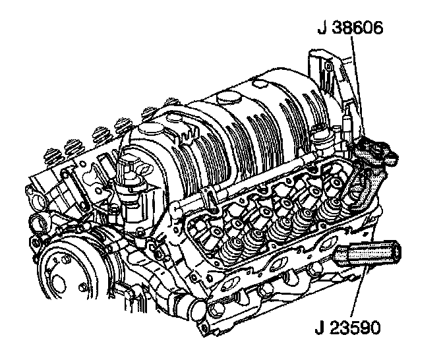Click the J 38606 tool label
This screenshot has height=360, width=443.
pos(350,28)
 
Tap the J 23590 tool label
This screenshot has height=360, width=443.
pos(348,328)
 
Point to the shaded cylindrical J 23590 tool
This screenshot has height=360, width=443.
pos(368,253)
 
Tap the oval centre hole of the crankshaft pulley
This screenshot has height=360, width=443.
pos(59,283)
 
